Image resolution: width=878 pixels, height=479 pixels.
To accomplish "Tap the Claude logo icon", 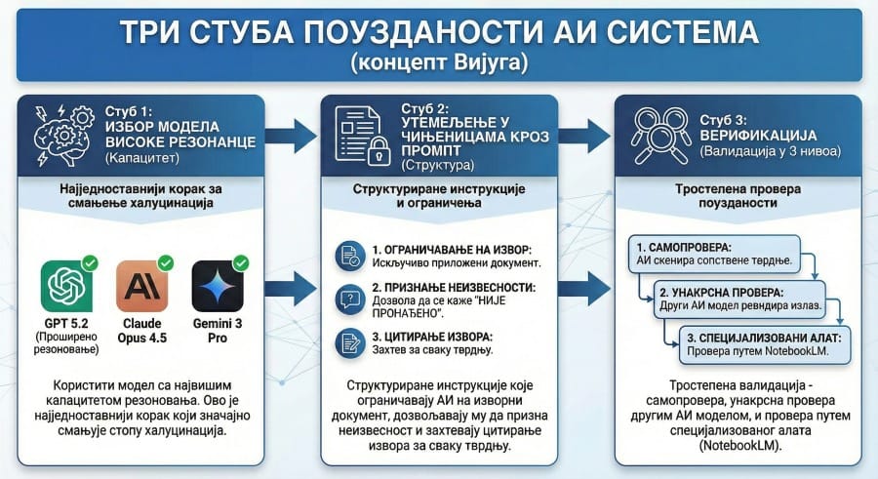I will point(143,285).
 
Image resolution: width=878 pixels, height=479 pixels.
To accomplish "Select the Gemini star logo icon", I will point(219,285).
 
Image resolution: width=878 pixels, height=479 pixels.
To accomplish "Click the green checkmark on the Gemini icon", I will point(240,262).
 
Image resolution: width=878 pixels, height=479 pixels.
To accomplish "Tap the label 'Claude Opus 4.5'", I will point(143,331).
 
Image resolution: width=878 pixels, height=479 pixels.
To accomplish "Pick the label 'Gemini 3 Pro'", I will point(219,331).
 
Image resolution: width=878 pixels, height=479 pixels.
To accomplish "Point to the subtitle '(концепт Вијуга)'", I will point(439,63).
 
